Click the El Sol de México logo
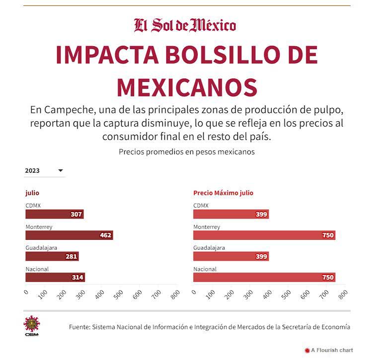(x=185, y=25)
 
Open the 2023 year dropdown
(x=44, y=170)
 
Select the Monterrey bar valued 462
(x=69, y=235)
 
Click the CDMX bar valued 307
(x=54, y=214)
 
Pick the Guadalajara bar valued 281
(x=52, y=256)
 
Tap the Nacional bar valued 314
(x=55, y=278)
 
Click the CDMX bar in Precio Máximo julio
(x=230, y=214)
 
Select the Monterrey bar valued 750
(x=264, y=235)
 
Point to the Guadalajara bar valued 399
(x=230, y=256)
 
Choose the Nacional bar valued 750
(x=264, y=278)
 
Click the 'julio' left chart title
(x=32, y=193)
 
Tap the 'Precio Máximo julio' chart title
(x=223, y=193)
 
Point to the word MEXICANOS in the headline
(x=187, y=86)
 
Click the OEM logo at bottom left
(x=32, y=326)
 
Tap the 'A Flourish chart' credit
(x=331, y=350)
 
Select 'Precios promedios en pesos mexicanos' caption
(x=187, y=152)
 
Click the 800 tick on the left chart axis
(x=175, y=294)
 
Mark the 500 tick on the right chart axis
(x=286, y=294)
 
